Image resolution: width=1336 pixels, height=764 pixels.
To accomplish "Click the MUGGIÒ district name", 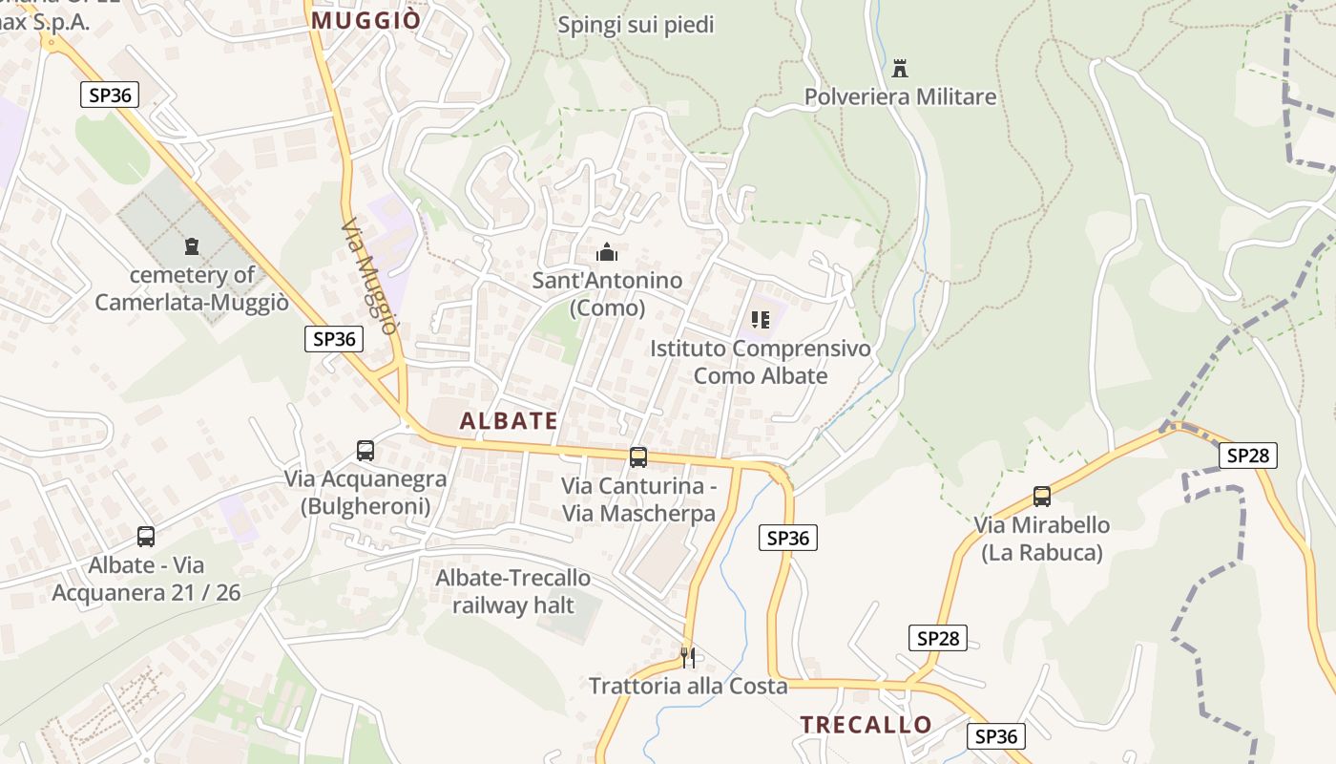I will click(366, 20).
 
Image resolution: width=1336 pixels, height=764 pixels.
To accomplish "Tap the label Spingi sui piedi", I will click(636, 25).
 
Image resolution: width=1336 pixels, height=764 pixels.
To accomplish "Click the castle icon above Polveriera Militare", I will click(899, 69).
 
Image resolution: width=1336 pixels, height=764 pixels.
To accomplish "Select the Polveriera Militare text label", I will click(900, 96).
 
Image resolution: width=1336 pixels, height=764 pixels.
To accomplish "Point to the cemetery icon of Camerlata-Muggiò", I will click(192, 246).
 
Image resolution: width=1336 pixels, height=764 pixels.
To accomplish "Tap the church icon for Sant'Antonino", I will click(606, 253).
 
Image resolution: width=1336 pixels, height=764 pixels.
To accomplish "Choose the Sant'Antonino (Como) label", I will click(607, 294).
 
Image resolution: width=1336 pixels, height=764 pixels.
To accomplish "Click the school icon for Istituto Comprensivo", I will click(760, 319).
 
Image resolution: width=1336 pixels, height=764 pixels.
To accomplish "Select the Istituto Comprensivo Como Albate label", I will click(761, 362).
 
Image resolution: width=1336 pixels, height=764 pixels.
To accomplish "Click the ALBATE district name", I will click(509, 421).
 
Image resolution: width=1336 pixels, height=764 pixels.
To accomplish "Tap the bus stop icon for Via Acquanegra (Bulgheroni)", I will click(365, 451).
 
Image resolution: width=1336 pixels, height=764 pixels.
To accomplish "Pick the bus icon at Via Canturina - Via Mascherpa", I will click(637, 457).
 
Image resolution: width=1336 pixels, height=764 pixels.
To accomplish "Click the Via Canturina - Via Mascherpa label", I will click(638, 499).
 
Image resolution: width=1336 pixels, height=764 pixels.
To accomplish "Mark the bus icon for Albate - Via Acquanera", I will click(146, 537).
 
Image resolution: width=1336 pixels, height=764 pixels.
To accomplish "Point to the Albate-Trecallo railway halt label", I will click(513, 591).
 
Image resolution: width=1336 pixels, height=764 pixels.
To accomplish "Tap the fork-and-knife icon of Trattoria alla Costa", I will click(687, 657).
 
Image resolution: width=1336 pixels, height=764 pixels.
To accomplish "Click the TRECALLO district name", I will click(866, 725).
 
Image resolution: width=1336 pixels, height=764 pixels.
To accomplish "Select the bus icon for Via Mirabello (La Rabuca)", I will click(1041, 497).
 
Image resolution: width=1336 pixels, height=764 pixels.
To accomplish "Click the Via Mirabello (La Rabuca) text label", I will click(1042, 539).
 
